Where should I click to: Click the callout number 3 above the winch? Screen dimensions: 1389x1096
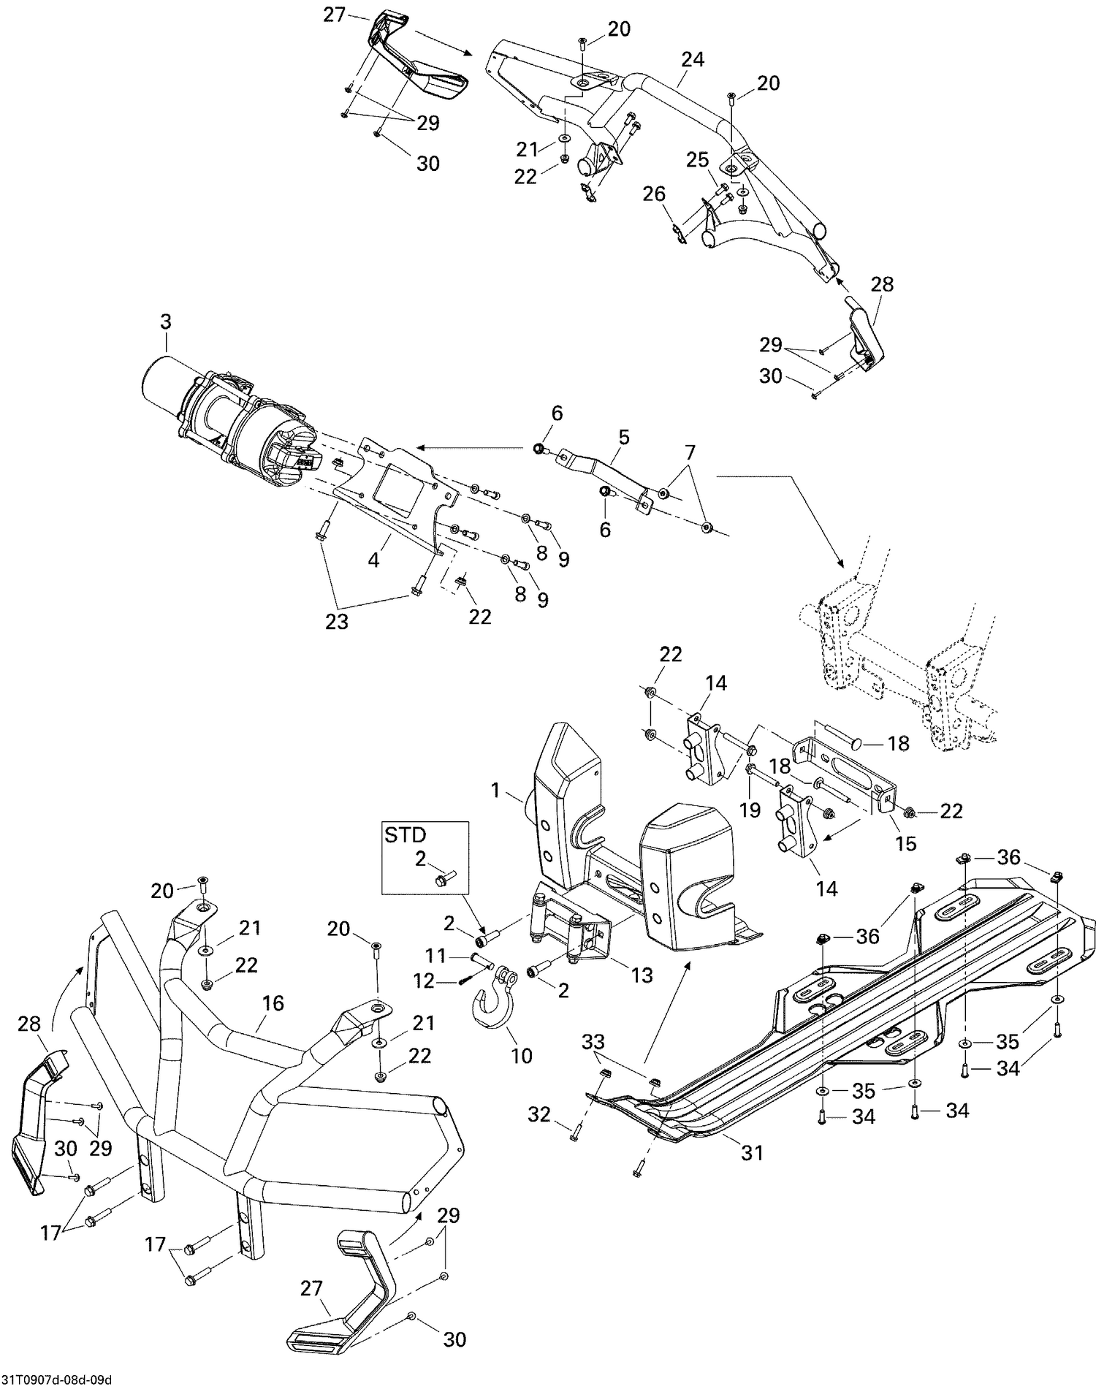click(166, 321)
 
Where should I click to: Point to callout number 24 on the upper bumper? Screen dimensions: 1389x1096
click(692, 59)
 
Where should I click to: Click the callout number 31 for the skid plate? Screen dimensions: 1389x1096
click(752, 1152)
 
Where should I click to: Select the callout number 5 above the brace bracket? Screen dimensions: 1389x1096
click(623, 437)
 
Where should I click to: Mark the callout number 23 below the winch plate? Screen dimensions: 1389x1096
click(337, 622)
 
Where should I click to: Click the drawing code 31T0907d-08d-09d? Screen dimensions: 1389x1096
click(56, 1380)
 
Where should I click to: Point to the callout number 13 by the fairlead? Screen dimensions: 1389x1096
click(642, 975)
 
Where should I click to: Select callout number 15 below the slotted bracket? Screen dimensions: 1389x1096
click(905, 842)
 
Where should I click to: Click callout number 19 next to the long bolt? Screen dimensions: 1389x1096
click(750, 810)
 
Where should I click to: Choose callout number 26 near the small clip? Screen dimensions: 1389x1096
click(654, 194)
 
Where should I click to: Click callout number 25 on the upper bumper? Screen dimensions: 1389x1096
click(698, 159)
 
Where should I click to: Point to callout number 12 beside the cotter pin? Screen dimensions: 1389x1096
click(424, 981)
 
